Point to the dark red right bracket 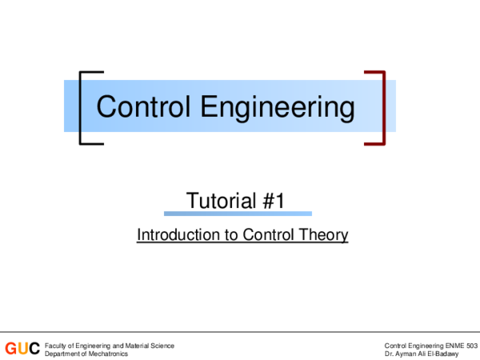[x=379, y=108]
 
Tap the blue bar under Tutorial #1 [x=238, y=214]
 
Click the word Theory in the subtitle [x=326, y=235]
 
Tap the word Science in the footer [x=161, y=345]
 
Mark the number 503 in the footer [x=471, y=345]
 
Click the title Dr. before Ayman [x=389, y=353]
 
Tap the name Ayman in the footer [x=406, y=353]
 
